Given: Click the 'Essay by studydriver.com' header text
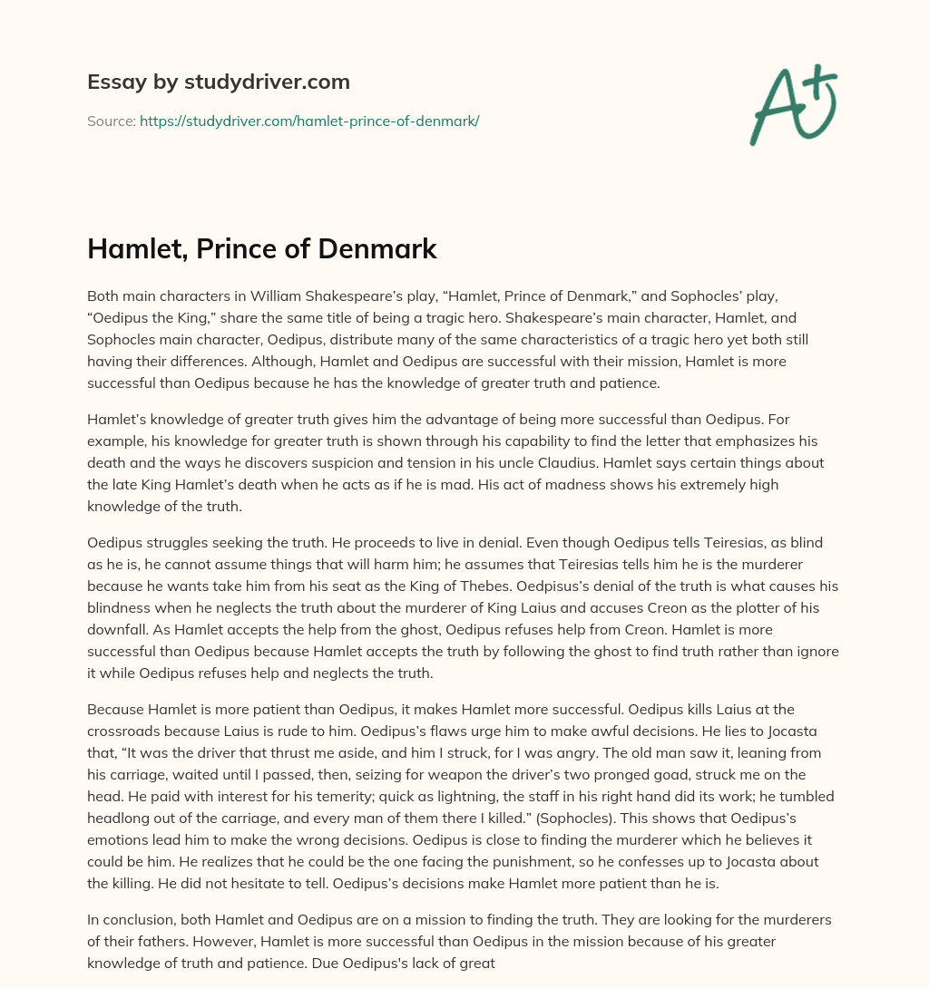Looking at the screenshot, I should pyautogui.click(x=218, y=82).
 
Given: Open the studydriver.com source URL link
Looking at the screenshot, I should pyautogui.click(x=308, y=121).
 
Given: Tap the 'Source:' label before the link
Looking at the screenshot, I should pyautogui.click(x=111, y=121).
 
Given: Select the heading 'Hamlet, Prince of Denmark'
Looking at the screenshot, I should pyautogui.click(x=261, y=249).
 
